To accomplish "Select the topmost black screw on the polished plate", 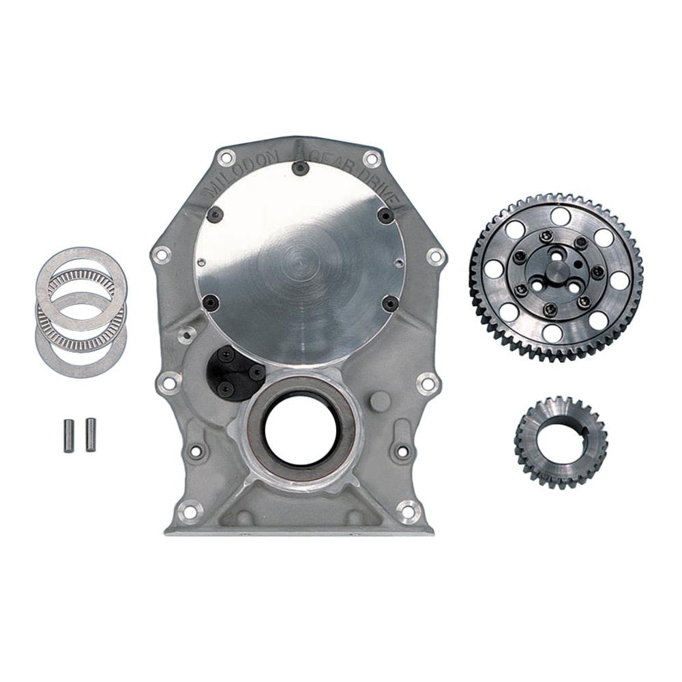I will coord(297,166).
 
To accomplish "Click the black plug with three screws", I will coord(232,371).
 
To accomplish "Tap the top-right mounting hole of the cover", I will coord(370,159).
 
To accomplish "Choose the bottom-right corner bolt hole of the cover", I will coord(409,507).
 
